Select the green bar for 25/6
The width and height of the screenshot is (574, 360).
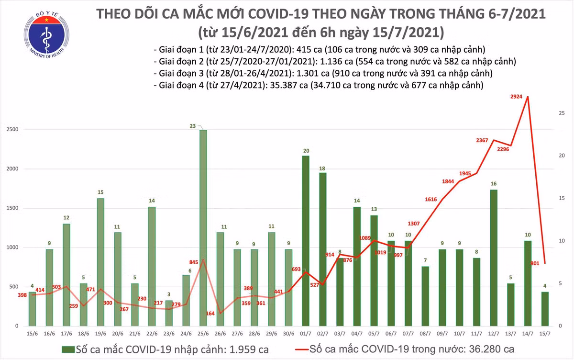pos(203,227)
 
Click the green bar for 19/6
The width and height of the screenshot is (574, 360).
pos(100,262)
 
